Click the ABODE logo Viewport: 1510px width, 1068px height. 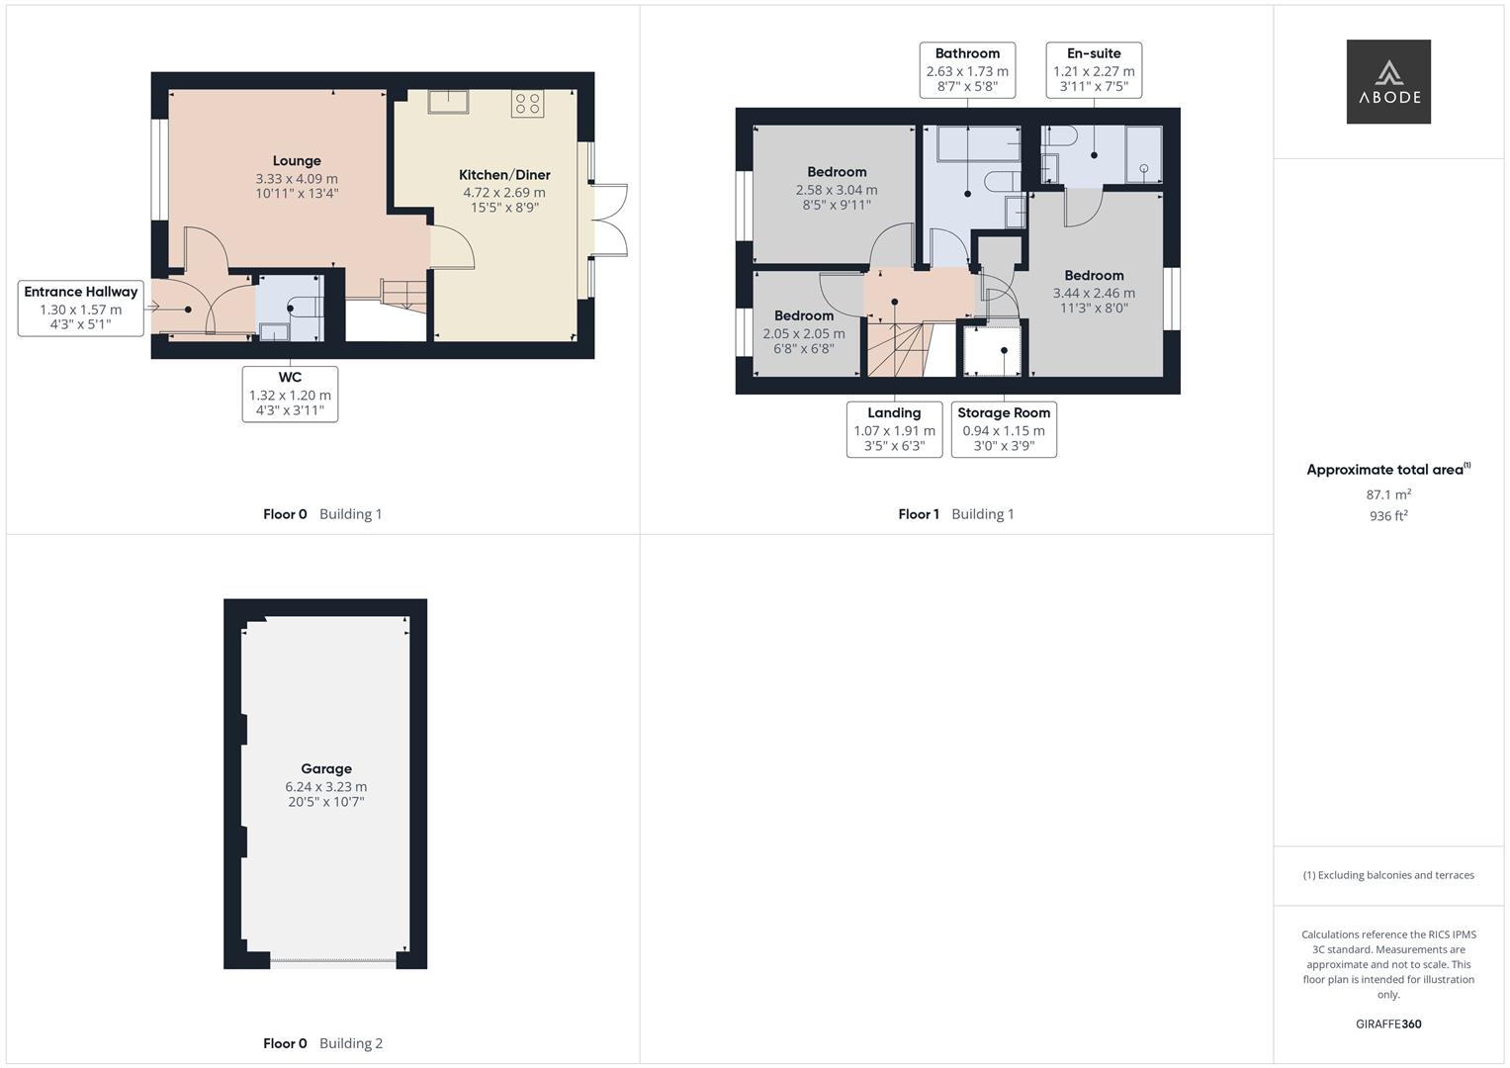coord(1387,81)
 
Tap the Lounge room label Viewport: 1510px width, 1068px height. coord(297,161)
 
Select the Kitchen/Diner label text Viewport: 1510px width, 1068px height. coord(504,175)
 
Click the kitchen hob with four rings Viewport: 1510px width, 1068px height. coord(527,104)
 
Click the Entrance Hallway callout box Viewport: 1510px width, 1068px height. coord(81,308)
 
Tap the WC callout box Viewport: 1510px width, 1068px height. coord(290,394)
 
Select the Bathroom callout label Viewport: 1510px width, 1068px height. coord(967,69)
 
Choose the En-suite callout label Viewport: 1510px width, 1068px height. coord(1094,69)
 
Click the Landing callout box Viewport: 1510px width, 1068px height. coord(894,429)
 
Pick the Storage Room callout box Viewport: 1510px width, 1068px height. coord(1004,429)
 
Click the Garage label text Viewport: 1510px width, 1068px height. coord(326,768)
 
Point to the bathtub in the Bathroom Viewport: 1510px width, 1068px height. coord(979,144)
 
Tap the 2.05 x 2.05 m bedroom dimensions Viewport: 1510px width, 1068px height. coord(804,334)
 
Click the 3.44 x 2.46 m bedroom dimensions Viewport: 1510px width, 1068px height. coord(1094,293)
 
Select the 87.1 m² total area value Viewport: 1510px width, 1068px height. coord(1388,494)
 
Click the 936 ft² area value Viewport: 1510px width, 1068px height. coord(1388,516)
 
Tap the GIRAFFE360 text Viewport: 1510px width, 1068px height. coord(1388,1024)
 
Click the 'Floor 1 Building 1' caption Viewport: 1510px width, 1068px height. coord(955,514)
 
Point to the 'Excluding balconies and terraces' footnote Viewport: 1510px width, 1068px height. coord(1388,875)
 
